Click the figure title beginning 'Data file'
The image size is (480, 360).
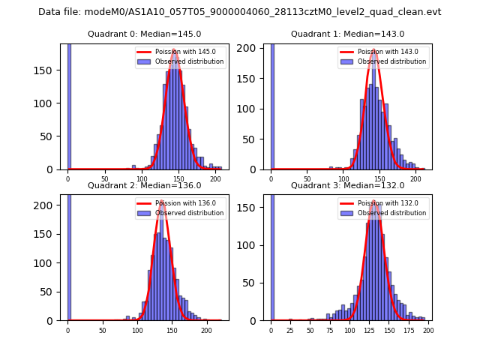[240, 12]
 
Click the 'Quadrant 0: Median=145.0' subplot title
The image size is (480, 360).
[144, 34]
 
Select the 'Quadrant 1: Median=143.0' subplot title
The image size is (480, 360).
[347, 34]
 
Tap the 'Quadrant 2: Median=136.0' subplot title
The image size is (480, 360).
[144, 185]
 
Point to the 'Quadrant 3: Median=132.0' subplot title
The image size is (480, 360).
[347, 185]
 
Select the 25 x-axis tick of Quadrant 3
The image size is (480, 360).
[290, 329]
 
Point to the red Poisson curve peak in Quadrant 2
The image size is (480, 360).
[160, 202]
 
